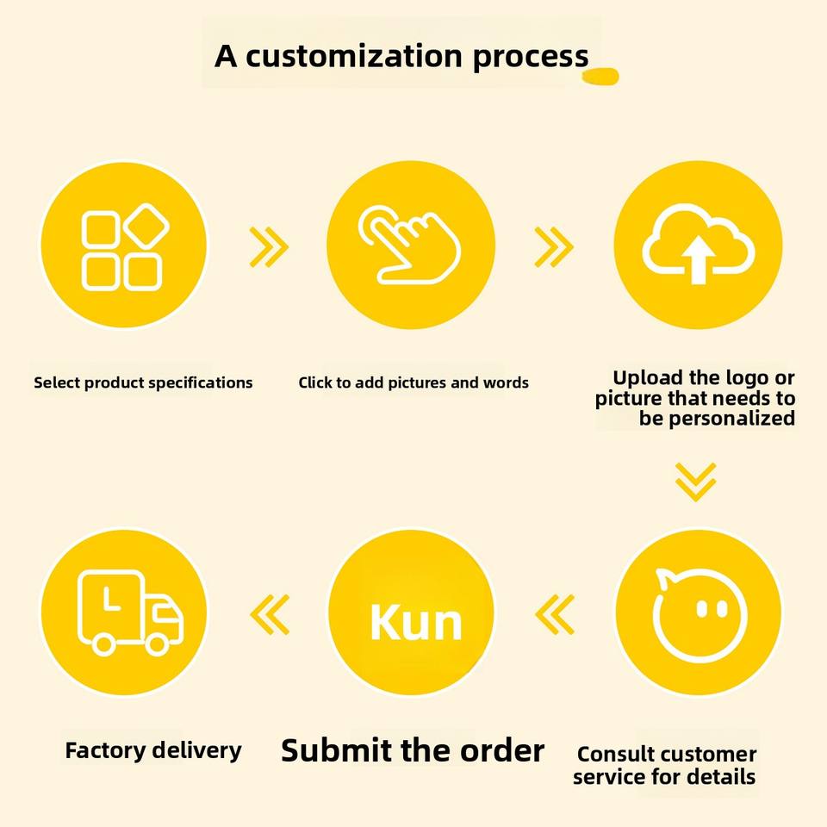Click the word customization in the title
[352, 56]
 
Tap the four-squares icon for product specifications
[122, 246]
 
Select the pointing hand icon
[408, 245]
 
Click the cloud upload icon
[698, 245]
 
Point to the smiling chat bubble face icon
[699, 612]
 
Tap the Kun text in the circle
[414, 622]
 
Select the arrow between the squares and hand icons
[268, 247]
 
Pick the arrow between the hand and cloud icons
[553, 247]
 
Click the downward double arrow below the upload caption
[695, 482]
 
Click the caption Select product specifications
[143, 382]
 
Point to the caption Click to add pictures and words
[413, 382]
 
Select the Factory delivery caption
[153, 750]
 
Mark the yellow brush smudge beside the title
[600, 78]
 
